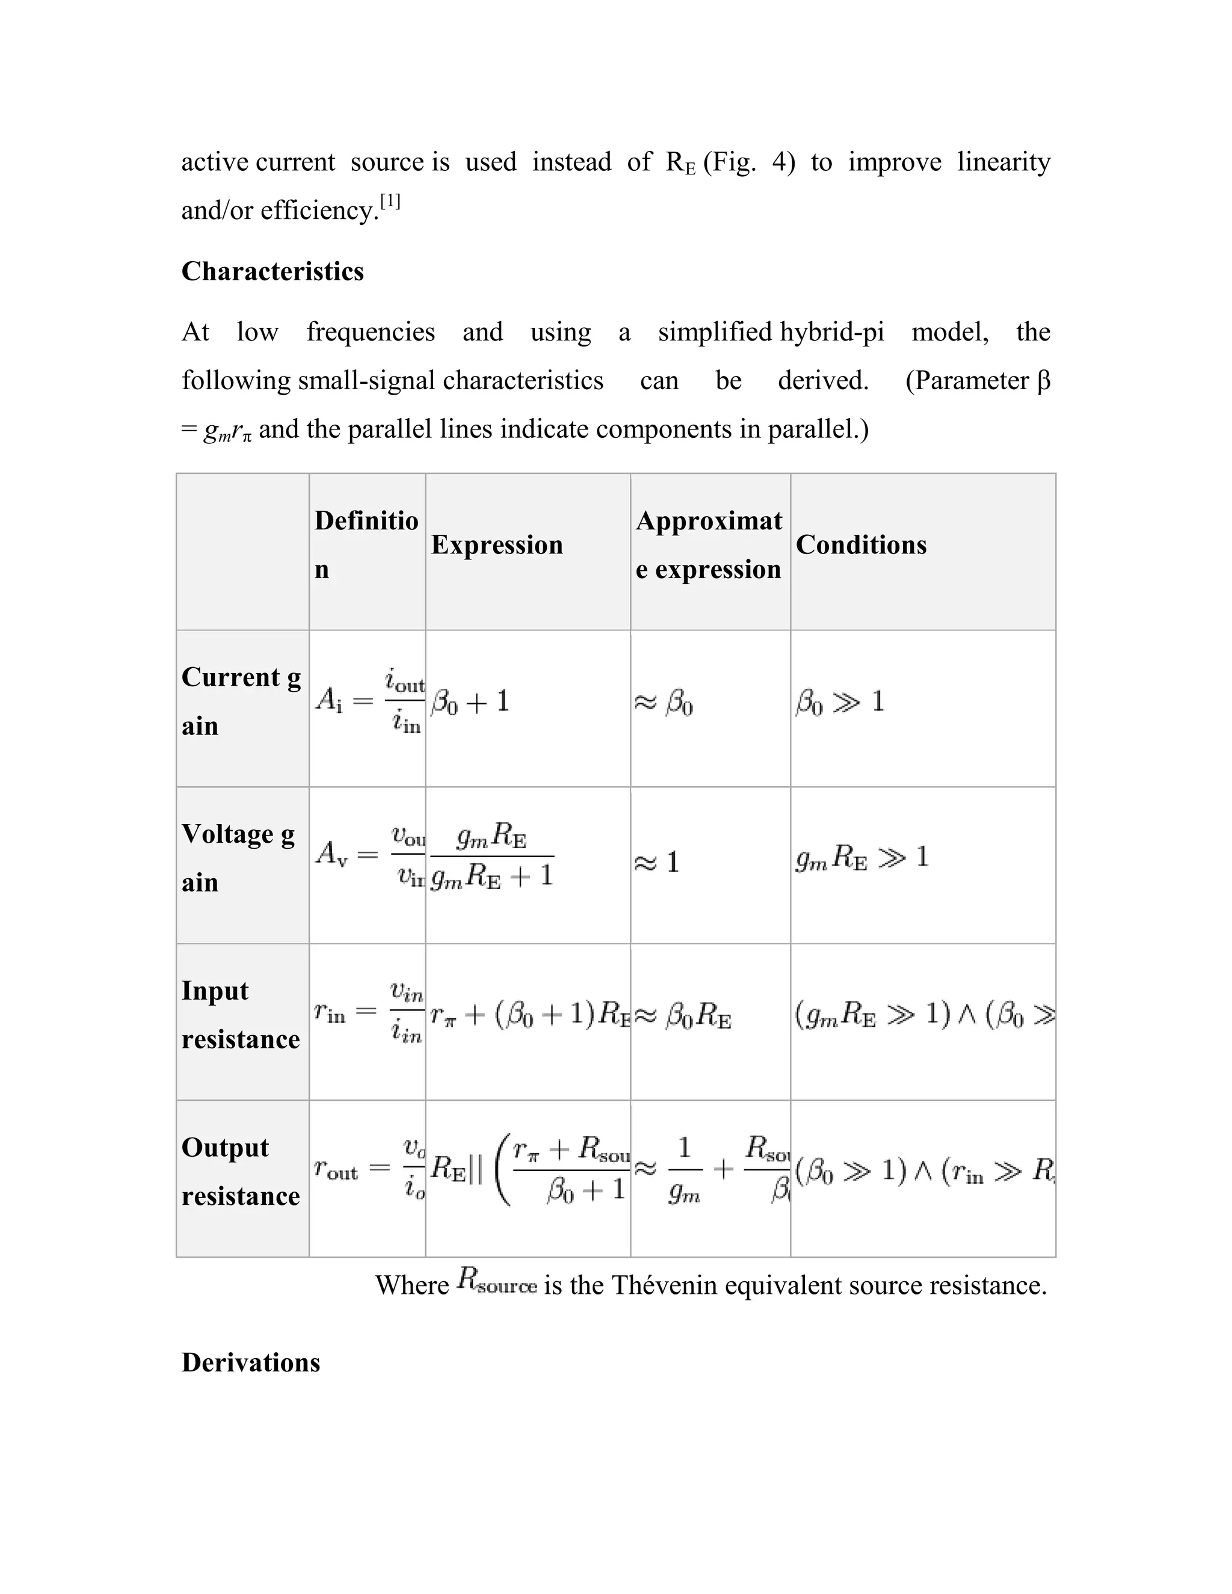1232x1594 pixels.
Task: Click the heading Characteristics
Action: pos(273,271)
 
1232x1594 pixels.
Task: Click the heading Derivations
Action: pos(250,1362)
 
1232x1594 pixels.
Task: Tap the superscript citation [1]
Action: pos(390,202)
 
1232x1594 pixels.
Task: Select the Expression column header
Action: pos(496,544)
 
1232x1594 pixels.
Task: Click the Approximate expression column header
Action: pos(708,544)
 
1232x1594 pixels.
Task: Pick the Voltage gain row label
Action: pos(238,858)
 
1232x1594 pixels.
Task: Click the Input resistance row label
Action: pos(240,1015)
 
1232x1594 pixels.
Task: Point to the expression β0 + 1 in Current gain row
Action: pos(470,702)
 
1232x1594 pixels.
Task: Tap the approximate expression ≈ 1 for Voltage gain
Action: pos(657,863)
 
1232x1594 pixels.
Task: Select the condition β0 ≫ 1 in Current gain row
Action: pos(839,702)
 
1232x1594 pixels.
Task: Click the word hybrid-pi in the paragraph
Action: pos(831,332)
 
